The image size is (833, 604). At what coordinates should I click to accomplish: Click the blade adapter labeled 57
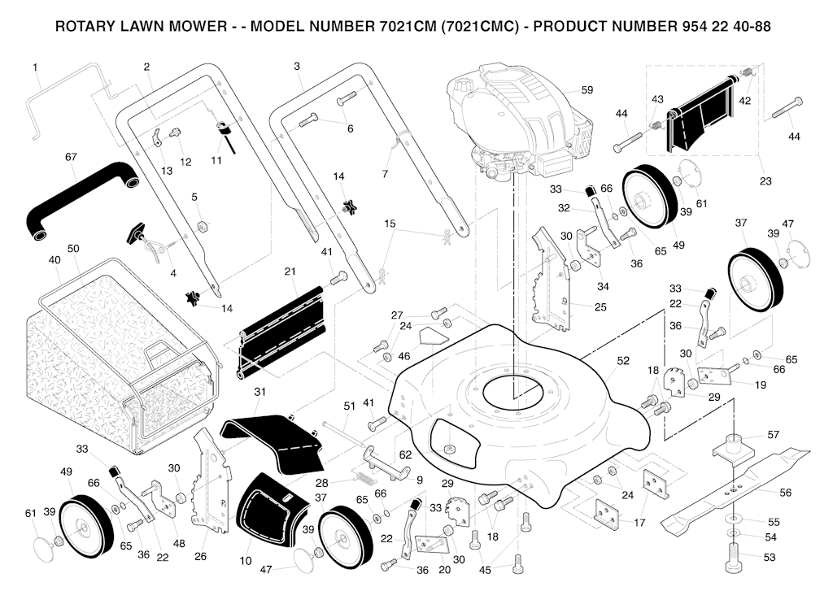point(736,447)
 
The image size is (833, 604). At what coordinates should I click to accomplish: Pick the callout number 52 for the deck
point(623,361)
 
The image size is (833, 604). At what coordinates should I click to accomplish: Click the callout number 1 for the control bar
point(36,67)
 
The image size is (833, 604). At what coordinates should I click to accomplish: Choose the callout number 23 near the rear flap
point(765,181)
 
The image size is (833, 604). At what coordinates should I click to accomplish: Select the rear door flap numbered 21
point(285,333)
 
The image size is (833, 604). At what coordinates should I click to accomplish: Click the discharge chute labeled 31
point(273,439)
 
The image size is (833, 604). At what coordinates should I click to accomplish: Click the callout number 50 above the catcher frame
point(73,248)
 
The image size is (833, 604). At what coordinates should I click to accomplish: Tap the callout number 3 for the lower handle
point(297,66)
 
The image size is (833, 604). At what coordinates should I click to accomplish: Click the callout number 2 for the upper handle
point(146,66)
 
